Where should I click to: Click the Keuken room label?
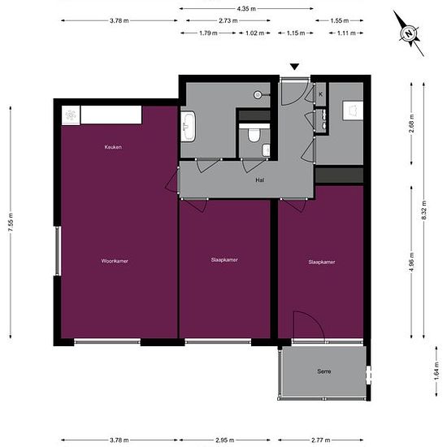tap(113, 147)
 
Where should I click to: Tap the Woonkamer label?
tap(115, 261)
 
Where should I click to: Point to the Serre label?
tap(324, 371)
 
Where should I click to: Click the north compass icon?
tap(410, 33)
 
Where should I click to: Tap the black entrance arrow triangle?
tap(295, 67)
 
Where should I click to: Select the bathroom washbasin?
tap(189, 125)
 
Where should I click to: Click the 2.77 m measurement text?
tap(323, 440)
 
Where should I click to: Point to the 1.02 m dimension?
tap(255, 33)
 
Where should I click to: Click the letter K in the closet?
tap(321, 94)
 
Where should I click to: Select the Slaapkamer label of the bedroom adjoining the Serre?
tap(322, 262)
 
